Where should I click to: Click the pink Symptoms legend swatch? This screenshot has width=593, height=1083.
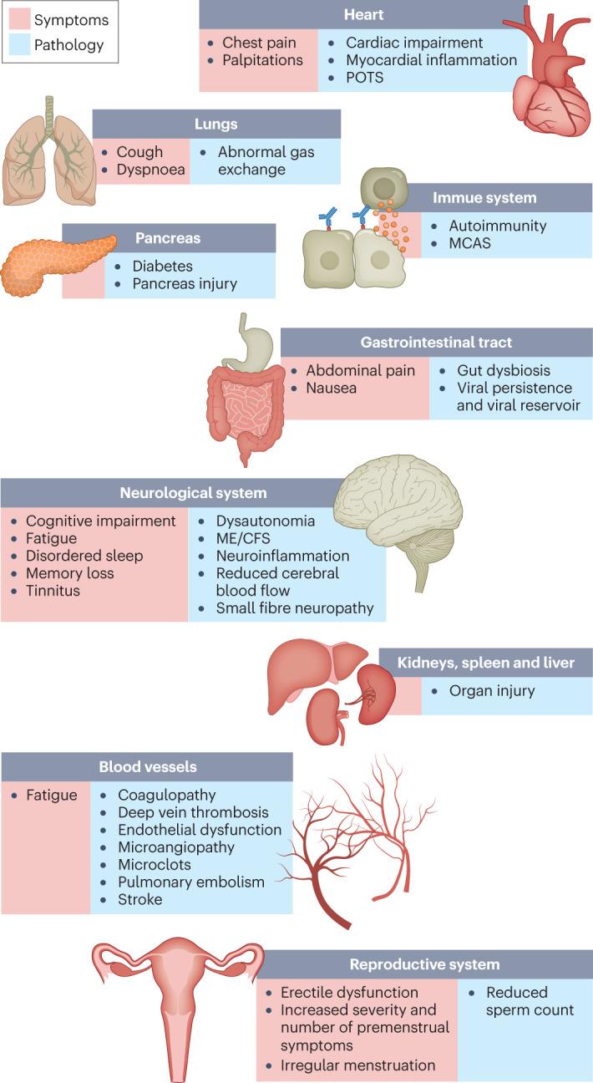[19, 19]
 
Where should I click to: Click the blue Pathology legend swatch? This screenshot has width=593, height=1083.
[19, 45]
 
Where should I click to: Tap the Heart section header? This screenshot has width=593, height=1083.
[363, 15]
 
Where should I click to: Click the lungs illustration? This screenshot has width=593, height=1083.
[48, 159]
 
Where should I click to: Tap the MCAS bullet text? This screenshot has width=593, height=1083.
[470, 244]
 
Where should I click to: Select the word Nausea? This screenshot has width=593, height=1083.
[332, 389]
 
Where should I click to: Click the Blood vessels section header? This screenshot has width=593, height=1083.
[147, 766]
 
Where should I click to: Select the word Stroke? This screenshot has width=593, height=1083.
[140, 899]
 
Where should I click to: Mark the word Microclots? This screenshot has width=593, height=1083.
[155, 865]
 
